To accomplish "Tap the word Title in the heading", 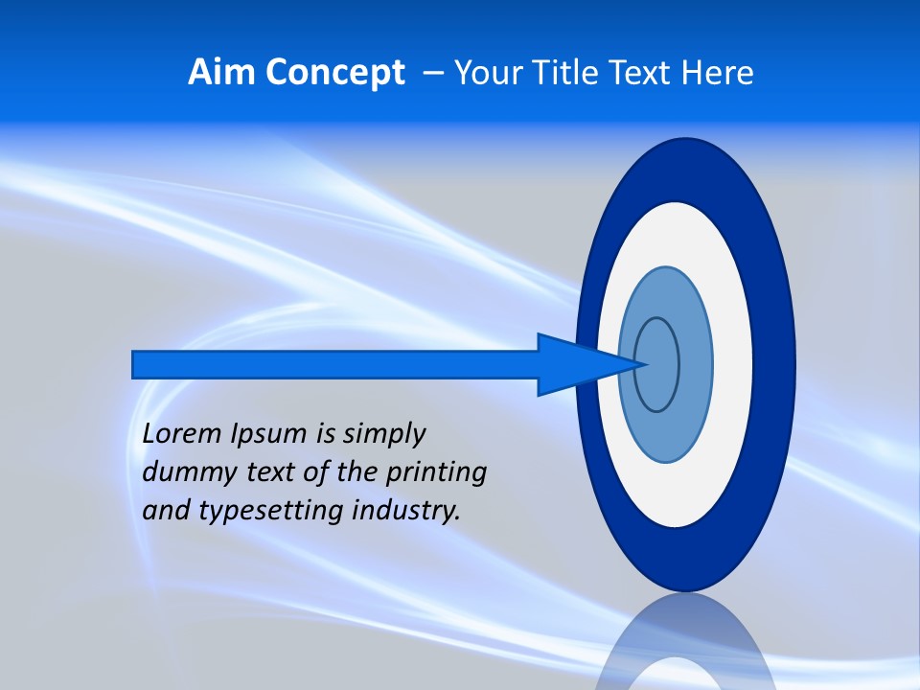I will coord(565,73).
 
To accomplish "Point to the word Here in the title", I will coord(718,73).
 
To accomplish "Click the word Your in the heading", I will coord(488,73).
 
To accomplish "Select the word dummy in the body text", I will coord(183,472).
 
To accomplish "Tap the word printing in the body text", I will coord(436,472).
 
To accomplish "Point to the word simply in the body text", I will coord(383,434).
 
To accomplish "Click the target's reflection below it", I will coord(685,642).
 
